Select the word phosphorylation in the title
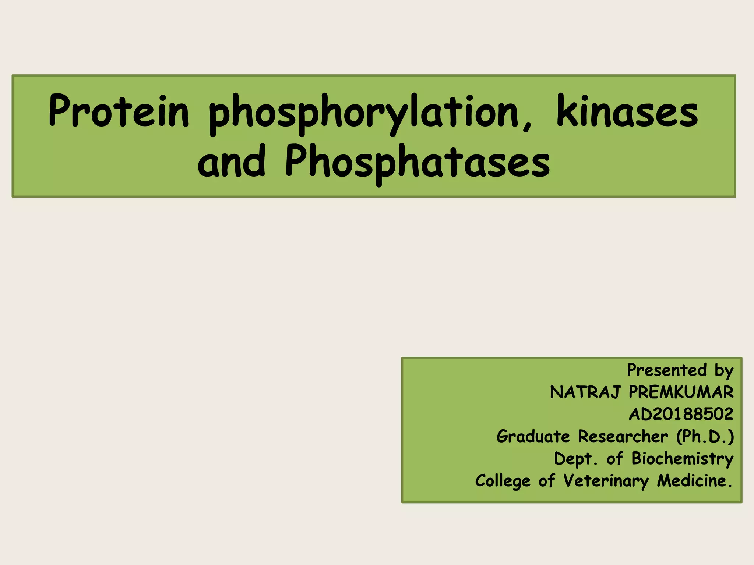tap(363, 113)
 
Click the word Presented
tap(667, 370)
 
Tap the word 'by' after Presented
tap(724, 371)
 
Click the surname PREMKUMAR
tap(681, 392)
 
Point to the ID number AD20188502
tap(681, 414)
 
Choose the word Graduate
tap(533, 437)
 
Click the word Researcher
tap(623, 437)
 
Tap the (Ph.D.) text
tap(705, 437)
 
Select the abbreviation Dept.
tap(576, 459)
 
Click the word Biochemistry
tap(682, 459)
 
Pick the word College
tap(503, 481)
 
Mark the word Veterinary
tap(606, 481)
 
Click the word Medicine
tap(694, 481)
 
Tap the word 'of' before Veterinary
tap(546, 481)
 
